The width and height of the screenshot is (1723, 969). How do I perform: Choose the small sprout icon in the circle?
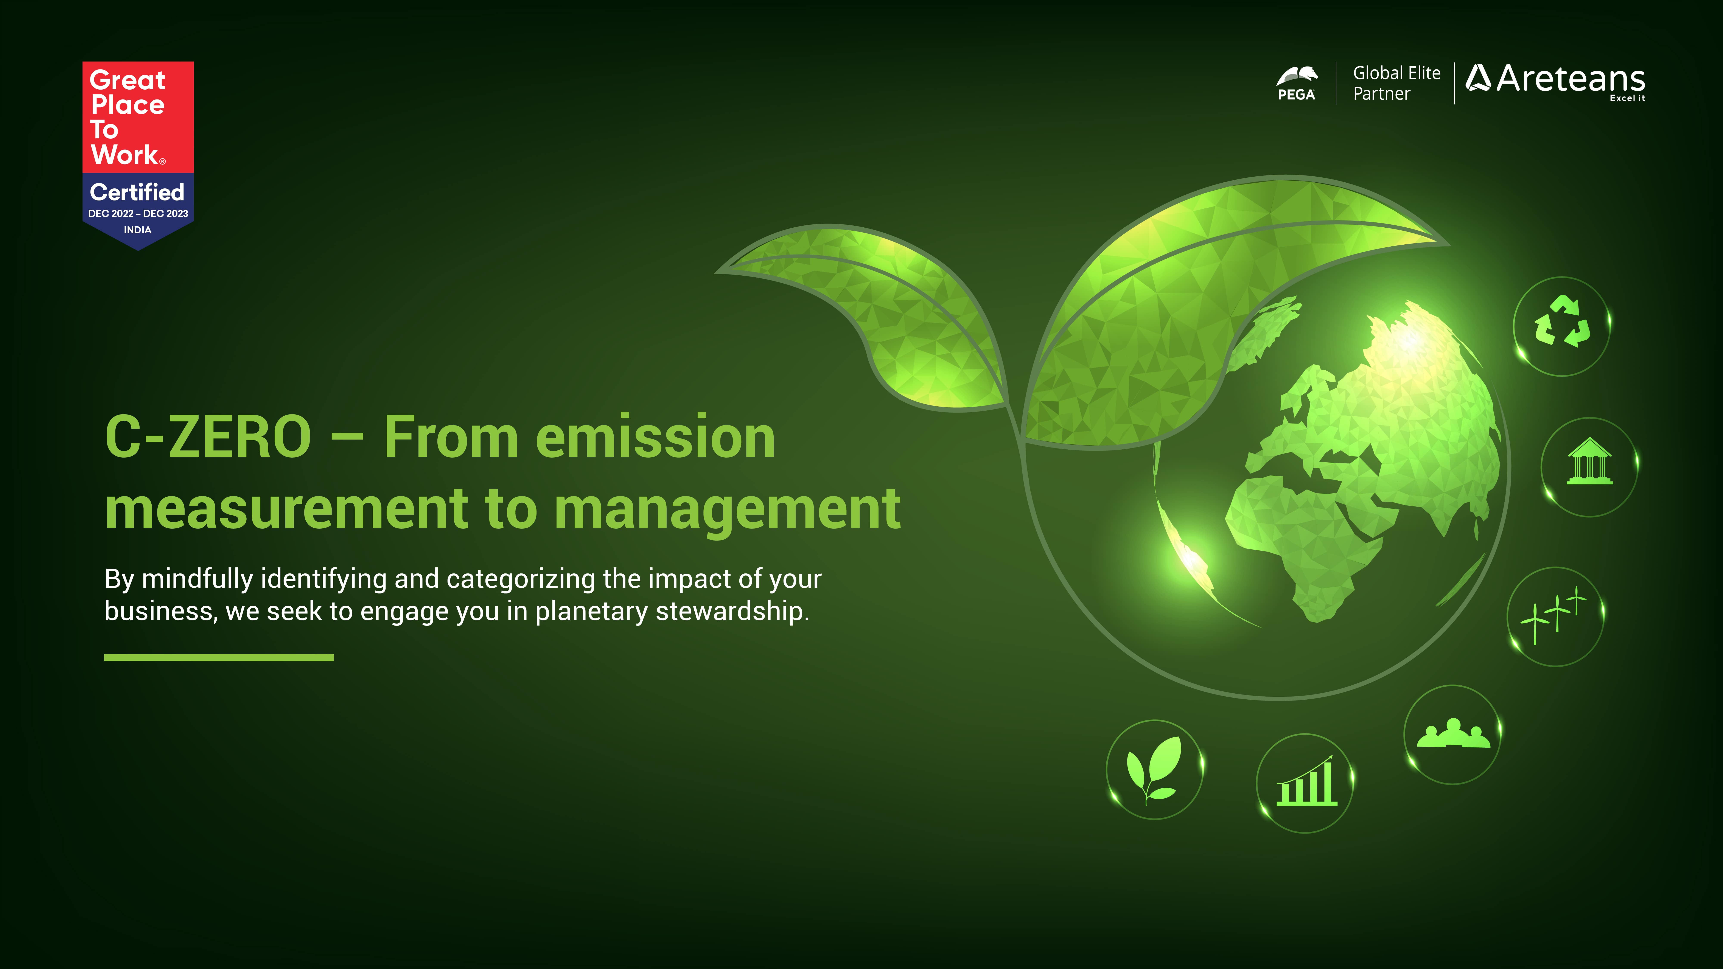click(1154, 769)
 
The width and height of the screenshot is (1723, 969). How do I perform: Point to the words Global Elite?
click(1396, 73)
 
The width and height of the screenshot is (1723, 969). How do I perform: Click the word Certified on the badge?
click(137, 192)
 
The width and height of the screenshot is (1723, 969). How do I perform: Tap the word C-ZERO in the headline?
click(208, 437)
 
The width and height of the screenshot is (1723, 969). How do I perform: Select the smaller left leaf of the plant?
click(869, 314)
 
